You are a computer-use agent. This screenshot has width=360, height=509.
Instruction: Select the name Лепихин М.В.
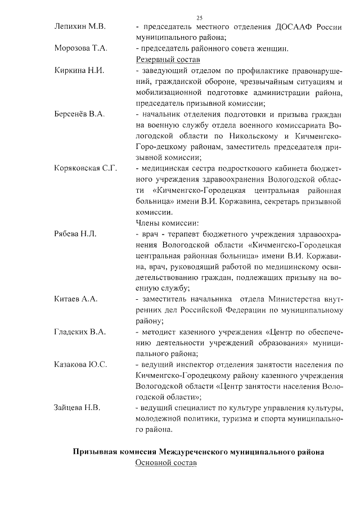[x=77, y=27]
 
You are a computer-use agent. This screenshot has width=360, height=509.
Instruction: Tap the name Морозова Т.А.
[x=81, y=48]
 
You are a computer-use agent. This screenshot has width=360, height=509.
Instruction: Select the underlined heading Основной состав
[x=164, y=463]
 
